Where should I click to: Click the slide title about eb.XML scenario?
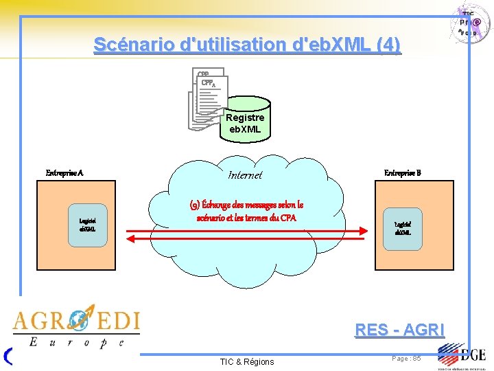(x=247, y=45)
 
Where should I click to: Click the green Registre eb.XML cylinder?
(x=245, y=124)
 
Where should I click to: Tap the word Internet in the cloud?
(x=245, y=175)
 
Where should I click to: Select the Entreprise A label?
(x=64, y=173)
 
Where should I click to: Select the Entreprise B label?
(x=403, y=172)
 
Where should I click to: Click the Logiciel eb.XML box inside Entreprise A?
(x=87, y=225)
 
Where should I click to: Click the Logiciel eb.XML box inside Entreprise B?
(x=403, y=227)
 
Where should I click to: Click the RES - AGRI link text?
(x=399, y=330)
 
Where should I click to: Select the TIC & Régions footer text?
(x=246, y=361)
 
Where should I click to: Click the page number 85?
(x=407, y=359)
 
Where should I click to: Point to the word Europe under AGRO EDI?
(x=75, y=341)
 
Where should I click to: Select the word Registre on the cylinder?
(x=245, y=117)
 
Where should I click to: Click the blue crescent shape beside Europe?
(x=8, y=355)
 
